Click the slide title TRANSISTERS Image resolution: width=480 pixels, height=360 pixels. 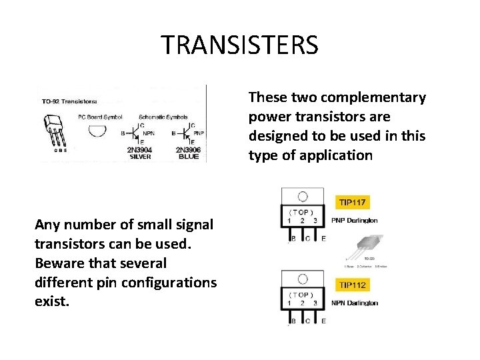point(240,45)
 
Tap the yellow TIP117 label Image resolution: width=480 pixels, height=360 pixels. point(352,201)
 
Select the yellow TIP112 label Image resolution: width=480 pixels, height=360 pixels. point(352,285)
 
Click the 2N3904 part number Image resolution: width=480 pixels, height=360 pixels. point(139,150)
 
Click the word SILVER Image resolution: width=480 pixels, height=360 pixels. point(139,157)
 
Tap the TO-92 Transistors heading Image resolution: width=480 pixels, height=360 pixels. point(68,101)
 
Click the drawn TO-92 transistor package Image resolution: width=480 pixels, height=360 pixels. point(56,130)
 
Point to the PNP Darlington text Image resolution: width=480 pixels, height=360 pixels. point(354,220)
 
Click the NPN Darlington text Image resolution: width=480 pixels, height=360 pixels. point(354,303)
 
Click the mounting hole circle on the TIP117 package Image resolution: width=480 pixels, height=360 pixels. point(303,196)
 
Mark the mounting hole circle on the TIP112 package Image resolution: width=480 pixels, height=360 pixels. point(303,279)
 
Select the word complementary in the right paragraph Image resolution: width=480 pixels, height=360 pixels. point(383,97)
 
